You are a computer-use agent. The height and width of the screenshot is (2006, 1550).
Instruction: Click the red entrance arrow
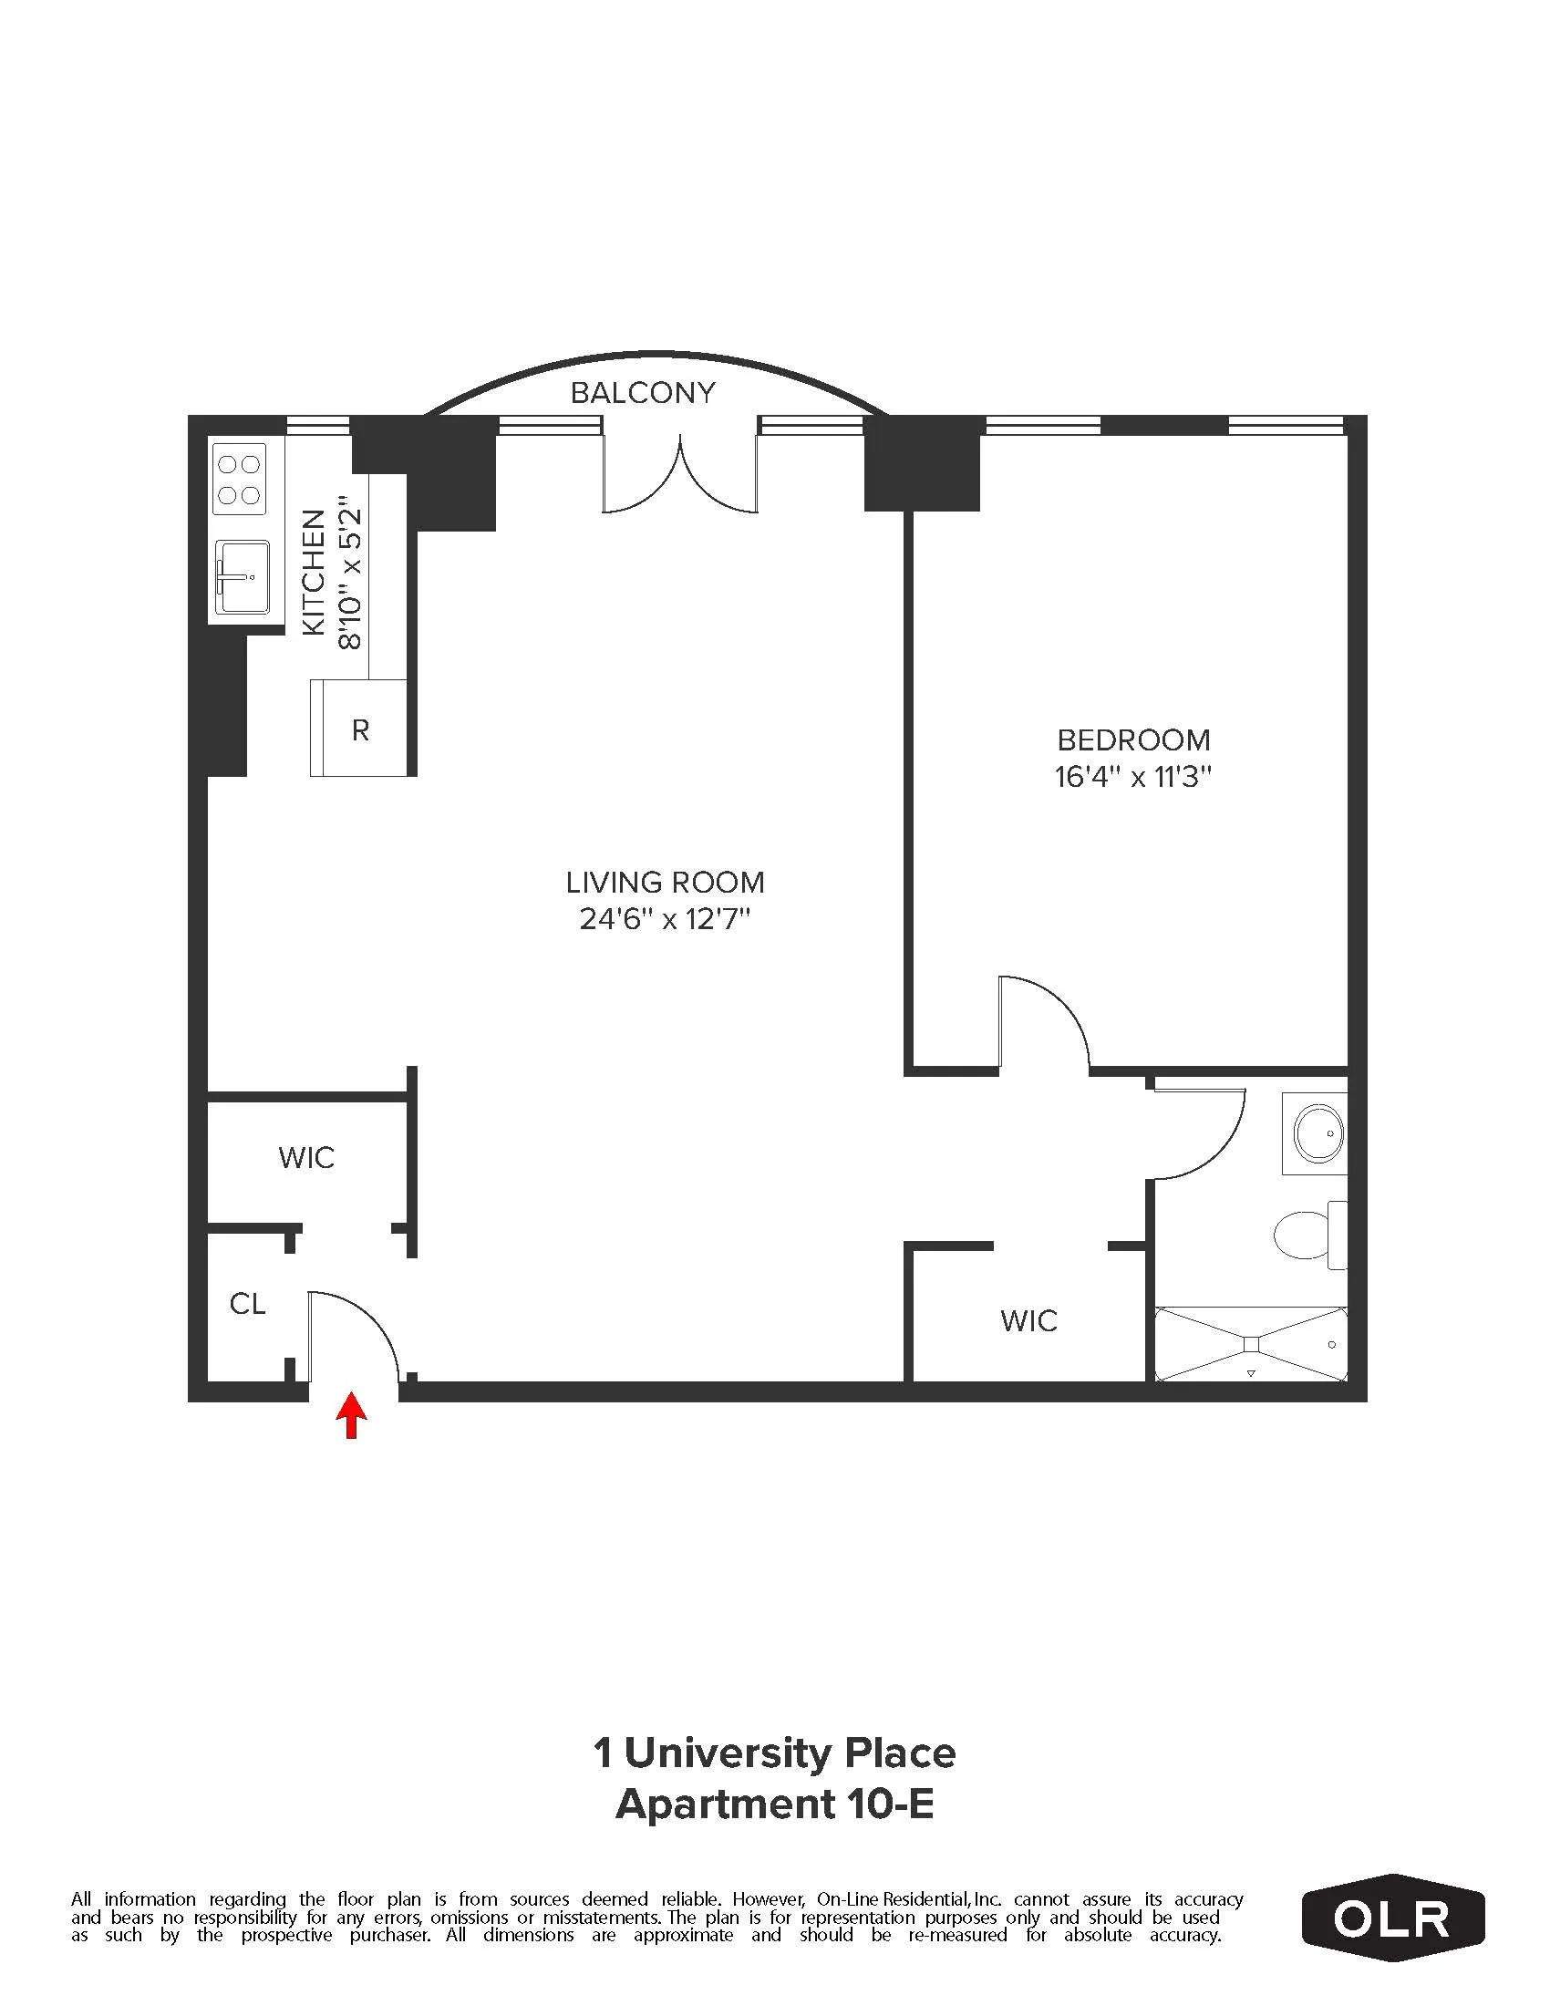point(351,1415)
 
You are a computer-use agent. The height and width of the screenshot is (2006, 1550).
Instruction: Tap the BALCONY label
point(642,393)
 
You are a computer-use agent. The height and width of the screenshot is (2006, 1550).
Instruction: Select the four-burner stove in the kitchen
point(240,480)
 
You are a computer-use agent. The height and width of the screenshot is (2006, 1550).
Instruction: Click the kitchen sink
point(243,576)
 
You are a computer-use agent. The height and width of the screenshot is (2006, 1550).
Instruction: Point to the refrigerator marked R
point(360,729)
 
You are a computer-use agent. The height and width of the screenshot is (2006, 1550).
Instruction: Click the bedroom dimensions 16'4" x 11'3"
point(1132,777)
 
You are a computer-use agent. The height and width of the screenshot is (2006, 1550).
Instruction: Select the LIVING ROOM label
point(665,883)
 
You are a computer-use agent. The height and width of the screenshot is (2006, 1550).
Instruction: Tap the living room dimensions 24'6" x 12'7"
point(665,919)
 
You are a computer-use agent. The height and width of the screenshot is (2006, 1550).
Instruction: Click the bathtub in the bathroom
point(1251,1345)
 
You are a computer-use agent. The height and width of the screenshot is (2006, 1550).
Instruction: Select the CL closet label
point(247,1303)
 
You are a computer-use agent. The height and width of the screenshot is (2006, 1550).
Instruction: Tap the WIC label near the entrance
point(306,1157)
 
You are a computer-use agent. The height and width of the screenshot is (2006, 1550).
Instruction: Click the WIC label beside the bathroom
point(1028,1321)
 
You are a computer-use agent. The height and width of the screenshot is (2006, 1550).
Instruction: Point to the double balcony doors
point(679,478)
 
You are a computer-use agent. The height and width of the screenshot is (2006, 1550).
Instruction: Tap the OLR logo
point(1392,1918)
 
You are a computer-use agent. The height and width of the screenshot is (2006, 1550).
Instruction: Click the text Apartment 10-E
point(774,1804)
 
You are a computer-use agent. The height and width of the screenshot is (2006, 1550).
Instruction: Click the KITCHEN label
point(314,572)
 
